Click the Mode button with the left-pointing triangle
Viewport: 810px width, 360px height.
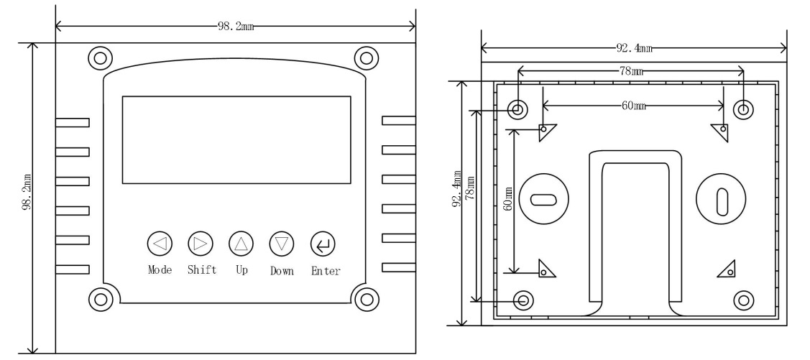(x=159, y=244)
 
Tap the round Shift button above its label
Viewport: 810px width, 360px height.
(x=200, y=244)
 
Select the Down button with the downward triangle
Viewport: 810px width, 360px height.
(x=282, y=244)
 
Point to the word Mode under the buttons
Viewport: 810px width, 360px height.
(x=160, y=271)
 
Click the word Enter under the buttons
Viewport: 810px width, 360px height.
(x=326, y=271)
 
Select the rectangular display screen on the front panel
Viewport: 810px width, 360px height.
(x=236, y=139)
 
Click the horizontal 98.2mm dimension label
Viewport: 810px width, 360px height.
(x=234, y=27)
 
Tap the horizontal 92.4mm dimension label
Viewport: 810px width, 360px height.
(x=634, y=49)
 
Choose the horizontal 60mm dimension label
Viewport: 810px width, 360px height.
(x=632, y=105)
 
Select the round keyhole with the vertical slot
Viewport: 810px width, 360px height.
(x=722, y=198)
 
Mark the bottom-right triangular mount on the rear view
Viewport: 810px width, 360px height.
(x=728, y=269)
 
